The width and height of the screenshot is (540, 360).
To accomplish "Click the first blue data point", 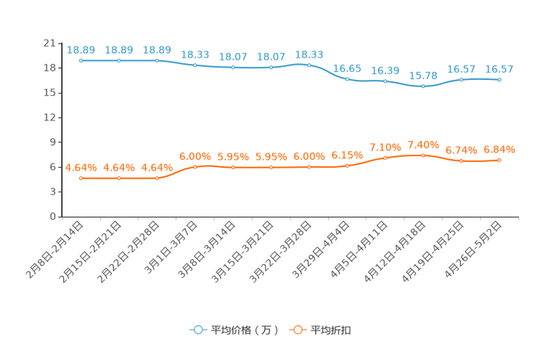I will coord(81,60).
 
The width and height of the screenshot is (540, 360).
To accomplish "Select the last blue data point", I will coord(499,78).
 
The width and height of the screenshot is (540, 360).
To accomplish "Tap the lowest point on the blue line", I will coord(423,86).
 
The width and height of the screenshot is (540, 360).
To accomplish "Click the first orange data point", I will coord(81,177).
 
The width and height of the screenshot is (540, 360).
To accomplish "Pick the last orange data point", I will coord(499,160).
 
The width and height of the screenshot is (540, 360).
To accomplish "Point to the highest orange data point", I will coord(423,155).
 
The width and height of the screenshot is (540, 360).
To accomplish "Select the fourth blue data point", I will coord(195,65).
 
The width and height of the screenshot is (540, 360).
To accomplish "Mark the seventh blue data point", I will coord(309,65).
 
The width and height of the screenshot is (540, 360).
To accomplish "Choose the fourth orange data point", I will coord(195,166).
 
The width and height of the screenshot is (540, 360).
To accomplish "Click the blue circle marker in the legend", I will coord(197,330).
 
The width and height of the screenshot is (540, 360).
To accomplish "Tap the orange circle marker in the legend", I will coord(296,330).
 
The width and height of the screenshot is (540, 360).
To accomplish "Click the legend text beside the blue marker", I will coord(245,330).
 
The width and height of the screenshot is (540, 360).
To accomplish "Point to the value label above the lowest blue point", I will coord(423,74).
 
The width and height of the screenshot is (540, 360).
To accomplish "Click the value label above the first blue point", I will coord(81,49).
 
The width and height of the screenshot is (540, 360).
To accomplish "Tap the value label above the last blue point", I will coord(499,68).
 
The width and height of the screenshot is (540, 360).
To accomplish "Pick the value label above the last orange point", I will coord(499,149).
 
